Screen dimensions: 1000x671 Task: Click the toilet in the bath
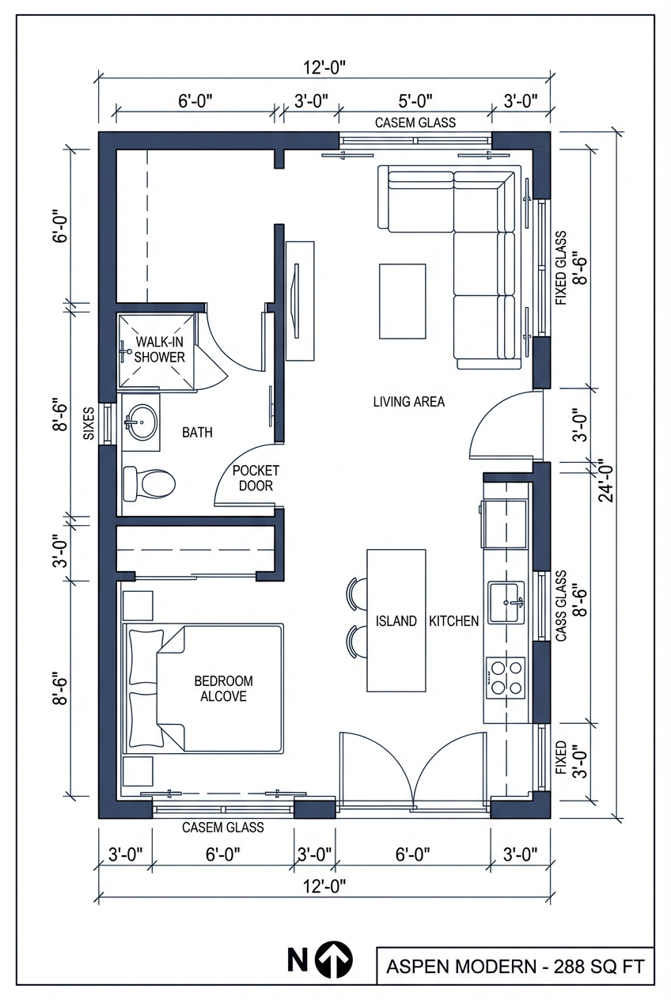[x=149, y=483]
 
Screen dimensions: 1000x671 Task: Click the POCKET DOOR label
[x=256, y=478]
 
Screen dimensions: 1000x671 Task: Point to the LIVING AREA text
[x=408, y=402]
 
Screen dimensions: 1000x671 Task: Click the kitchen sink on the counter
[x=506, y=602]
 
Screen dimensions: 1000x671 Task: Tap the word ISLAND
[x=396, y=621]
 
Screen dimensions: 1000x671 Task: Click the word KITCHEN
[x=453, y=621]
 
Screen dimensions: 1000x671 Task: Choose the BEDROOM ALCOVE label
[x=223, y=688]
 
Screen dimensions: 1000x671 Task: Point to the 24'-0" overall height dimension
[x=605, y=480]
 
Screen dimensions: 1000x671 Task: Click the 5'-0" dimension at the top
[x=414, y=100]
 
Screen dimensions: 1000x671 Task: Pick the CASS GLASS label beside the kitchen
[x=561, y=606]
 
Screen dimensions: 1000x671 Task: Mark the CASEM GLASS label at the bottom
[x=223, y=828]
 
